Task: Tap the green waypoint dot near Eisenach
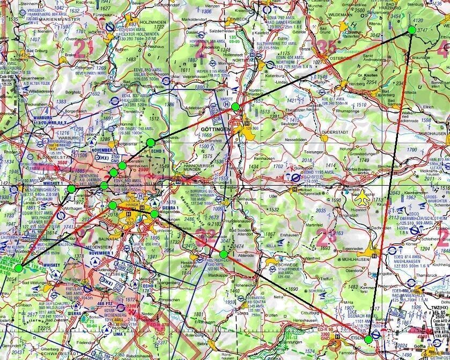click(368, 339)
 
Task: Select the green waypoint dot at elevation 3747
click(411, 30)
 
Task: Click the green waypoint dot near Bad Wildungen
click(19, 268)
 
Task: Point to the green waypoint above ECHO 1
click(151, 142)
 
